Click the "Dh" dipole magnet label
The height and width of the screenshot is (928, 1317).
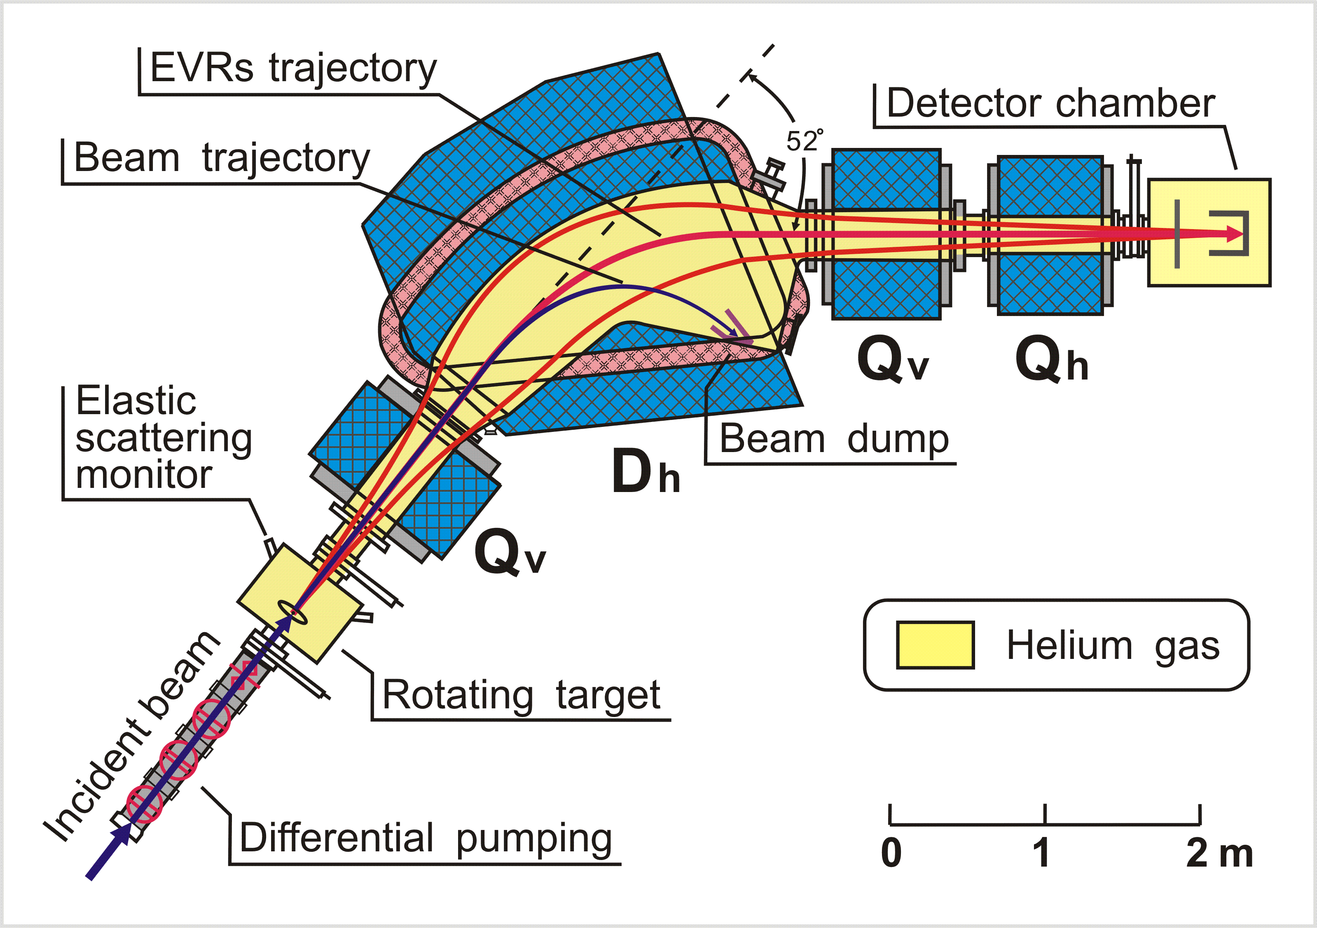(645, 472)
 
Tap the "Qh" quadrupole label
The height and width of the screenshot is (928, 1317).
(1051, 361)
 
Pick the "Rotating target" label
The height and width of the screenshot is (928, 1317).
(521, 695)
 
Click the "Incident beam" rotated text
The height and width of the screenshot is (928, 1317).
(131, 738)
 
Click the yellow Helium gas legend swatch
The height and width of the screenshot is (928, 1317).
(935, 645)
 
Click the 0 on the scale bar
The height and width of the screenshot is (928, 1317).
(891, 853)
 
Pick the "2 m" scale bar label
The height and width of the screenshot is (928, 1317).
(1219, 853)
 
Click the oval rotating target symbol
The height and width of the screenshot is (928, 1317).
(292, 612)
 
